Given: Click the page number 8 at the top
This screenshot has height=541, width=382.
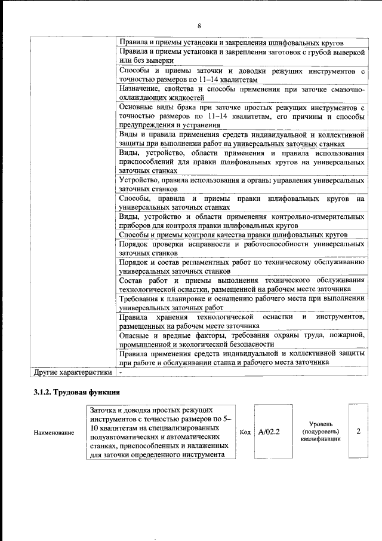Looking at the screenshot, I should click(199, 26).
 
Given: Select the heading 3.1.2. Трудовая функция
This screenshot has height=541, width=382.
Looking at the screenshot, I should click(77, 393).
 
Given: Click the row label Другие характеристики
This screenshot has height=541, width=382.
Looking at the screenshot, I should click(72, 372).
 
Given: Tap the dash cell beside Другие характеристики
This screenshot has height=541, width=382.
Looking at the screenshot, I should click(121, 372).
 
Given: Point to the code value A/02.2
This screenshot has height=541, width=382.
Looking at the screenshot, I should click(269, 431).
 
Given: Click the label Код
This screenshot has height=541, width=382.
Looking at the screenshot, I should click(245, 431).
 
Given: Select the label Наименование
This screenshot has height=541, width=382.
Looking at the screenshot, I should click(54, 432).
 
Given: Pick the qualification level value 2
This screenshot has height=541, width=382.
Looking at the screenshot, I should click(358, 430).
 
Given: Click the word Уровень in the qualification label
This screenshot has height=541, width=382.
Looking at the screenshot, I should click(321, 423).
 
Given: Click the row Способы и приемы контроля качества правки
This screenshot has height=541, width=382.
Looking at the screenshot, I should click(233, 235).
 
